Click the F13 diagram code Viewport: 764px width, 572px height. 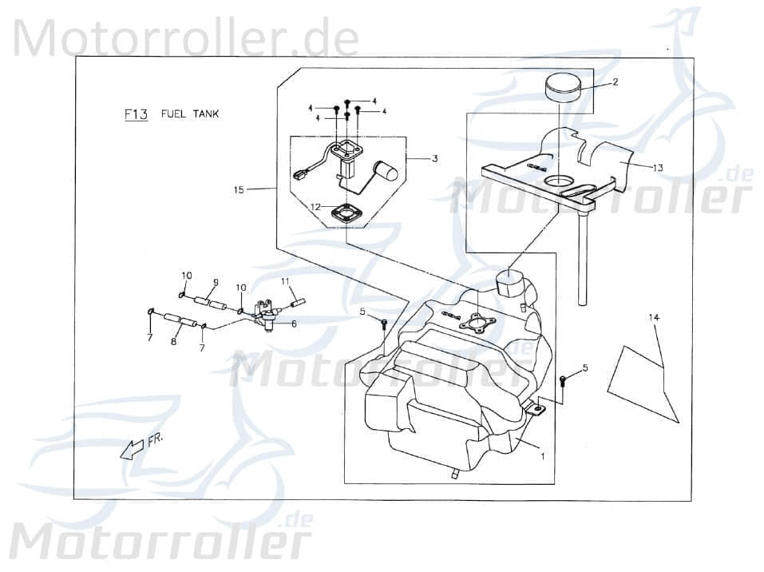tap(137, 114)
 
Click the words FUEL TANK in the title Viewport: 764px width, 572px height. tap(190, 114)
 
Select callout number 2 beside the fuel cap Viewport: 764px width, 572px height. tap(616, 82)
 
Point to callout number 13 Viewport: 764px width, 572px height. tap(657, 168)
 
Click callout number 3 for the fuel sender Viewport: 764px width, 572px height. tap(434, 159)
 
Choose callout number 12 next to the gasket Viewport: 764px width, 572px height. tap(338, 207)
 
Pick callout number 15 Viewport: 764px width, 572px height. tap(239, 190)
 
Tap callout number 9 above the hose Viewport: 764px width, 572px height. tap(215, 282)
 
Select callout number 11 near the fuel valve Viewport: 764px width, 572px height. tap(284, 282)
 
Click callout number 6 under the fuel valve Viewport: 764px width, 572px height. tap(293, 324)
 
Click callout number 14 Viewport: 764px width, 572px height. tap(654, 318)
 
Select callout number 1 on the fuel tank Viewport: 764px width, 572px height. tap(543, 458)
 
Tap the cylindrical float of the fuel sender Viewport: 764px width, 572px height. tap(387, 171)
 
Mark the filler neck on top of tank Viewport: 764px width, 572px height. tap(509, 284)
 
